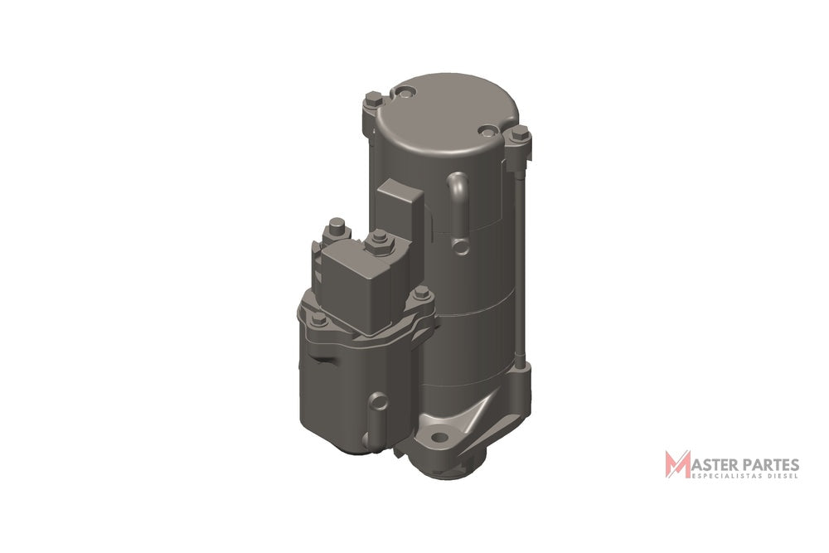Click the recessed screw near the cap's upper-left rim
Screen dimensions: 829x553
(x=405, y=95)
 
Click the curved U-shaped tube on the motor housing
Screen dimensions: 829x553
(x=458, y=211)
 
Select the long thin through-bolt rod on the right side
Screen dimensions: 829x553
(x=521, y=264)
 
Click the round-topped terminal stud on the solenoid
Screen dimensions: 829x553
(x=337, y=228)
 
